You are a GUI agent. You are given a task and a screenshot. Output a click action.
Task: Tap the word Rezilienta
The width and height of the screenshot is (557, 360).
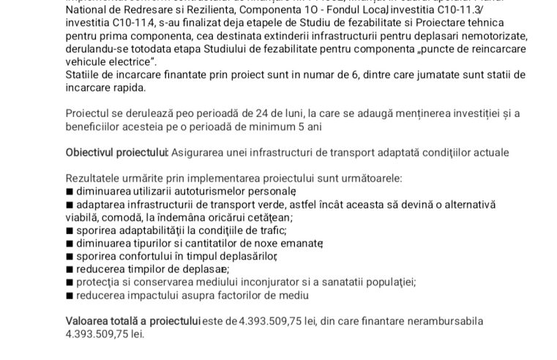coord(195,11)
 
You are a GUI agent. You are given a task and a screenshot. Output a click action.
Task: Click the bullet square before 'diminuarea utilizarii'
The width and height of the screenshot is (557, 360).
coord(69,191)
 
